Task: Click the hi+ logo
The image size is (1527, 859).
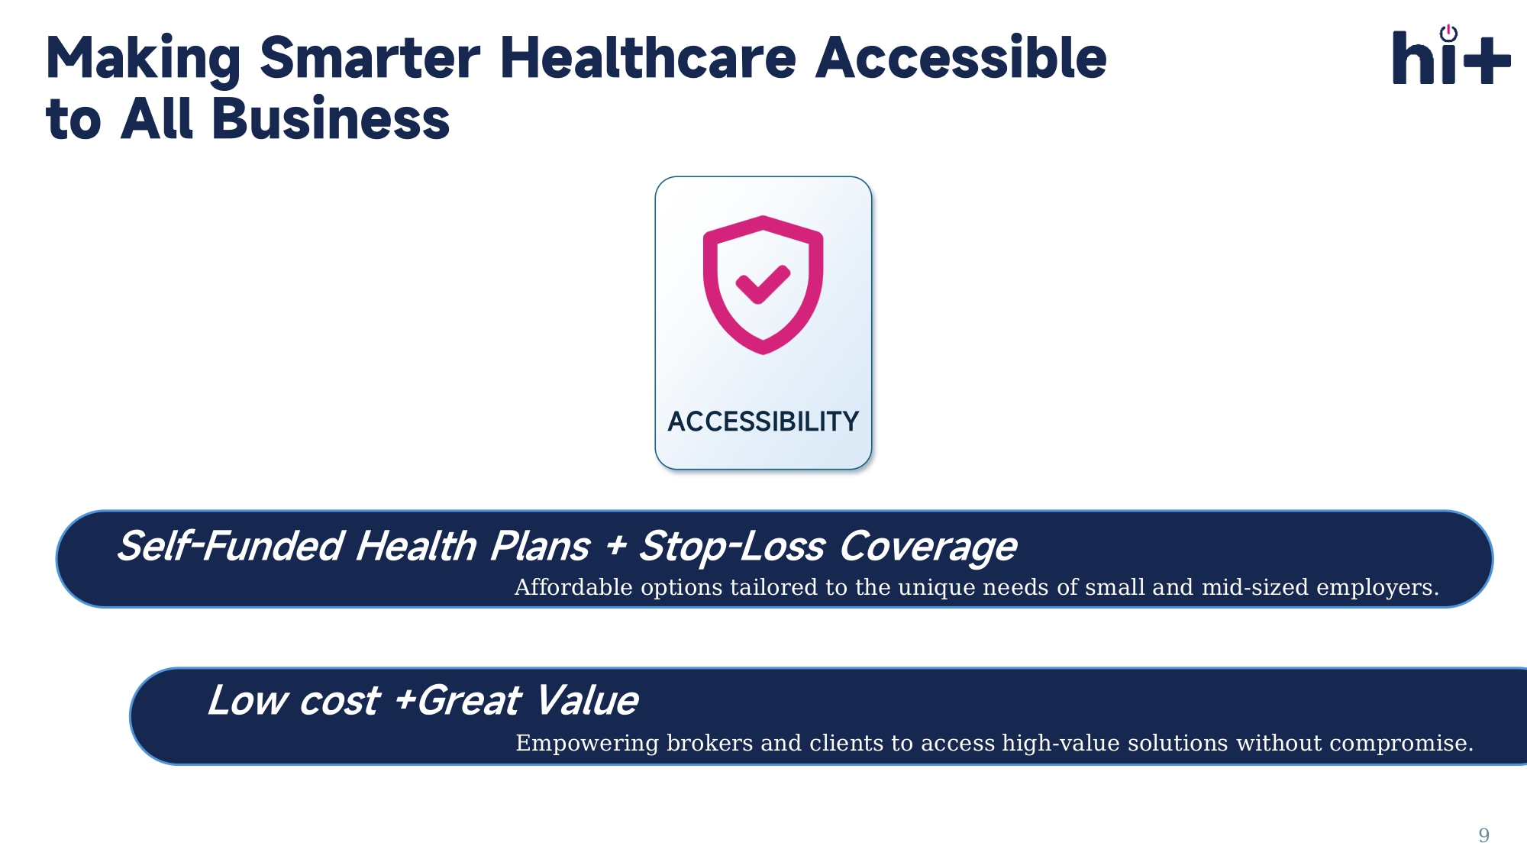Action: click(1451, 55)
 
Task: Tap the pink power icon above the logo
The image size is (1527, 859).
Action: click(1448, 33)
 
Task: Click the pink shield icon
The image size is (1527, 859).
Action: click(763, 285)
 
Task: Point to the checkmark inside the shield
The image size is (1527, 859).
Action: click(763, 284)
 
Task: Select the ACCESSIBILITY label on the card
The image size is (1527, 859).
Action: click(763, 421)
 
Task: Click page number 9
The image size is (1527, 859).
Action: click(1483, 835)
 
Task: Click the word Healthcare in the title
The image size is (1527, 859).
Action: click(648, 58)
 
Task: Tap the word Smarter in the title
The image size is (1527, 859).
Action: click(370, 58)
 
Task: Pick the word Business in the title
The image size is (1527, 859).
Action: click(331, 119)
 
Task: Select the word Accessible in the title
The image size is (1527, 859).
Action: click(961, 58)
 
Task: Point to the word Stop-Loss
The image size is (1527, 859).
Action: click(731, 547)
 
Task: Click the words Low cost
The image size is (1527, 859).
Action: click(293, 701)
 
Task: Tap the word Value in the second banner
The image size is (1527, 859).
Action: click(586, 701)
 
